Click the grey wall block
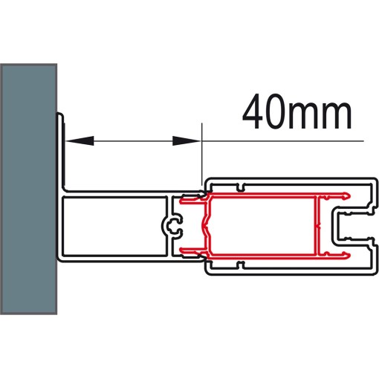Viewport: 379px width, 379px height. coord(28,189)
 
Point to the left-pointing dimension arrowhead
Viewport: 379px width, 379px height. coord(80,140)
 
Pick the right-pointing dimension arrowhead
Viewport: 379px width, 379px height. coord(187,140)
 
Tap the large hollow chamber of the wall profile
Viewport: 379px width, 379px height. coord(114,226)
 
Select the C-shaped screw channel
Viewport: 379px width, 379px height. coord(173,226)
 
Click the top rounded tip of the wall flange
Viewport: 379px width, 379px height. coord(60,114)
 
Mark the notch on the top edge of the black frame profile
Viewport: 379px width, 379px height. coord(239,187)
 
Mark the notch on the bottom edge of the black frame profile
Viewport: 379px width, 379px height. coord(239,265)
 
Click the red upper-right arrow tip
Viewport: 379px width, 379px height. coord(348,196)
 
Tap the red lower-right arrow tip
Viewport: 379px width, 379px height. coord(348,255)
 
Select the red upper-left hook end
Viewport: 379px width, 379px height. coord(183,200)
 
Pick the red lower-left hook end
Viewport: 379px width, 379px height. coord(183,250)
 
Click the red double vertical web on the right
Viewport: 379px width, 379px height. coord(317,226)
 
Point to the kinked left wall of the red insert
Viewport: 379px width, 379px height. coord(206,226)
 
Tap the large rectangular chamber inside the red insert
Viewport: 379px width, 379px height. coord(262,226)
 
